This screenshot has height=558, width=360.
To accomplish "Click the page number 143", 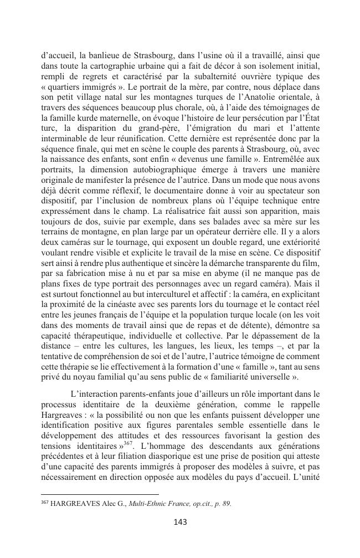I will tap(180, 521).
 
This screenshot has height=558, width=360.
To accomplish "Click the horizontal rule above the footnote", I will tap(100, 494).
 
